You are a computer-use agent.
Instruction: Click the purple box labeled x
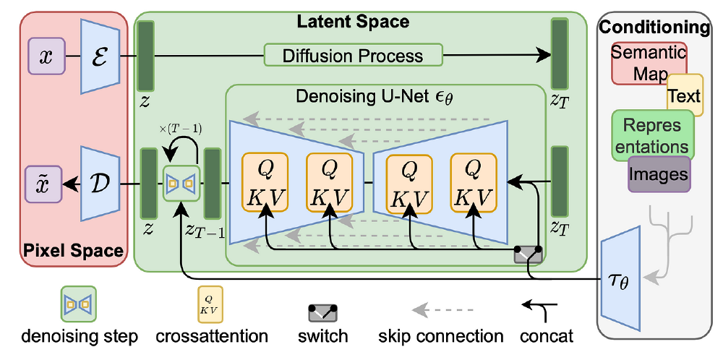pos(47,56)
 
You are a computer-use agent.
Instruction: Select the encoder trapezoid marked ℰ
pos(98,56)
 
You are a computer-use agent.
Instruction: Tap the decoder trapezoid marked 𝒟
pos(98,184)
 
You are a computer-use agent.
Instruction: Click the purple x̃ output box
pos(43,184)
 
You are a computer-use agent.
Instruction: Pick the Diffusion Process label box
pos(354,56)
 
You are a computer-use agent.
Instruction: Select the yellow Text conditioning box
pos(684,95)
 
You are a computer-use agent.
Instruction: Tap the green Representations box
pos(652,134)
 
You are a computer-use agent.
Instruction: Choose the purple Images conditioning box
pos(658,174)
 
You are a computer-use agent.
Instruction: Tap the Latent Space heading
pos(353,22)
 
